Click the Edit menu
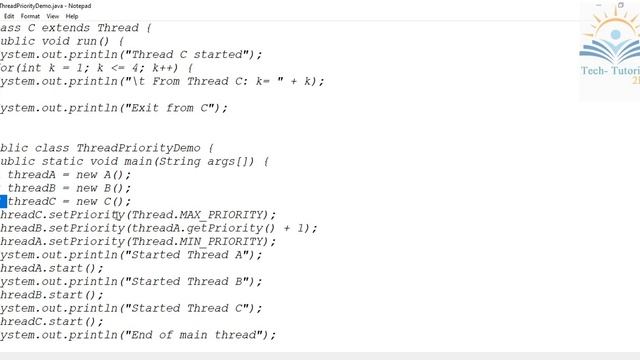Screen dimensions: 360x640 9,16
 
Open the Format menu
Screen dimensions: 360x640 30,16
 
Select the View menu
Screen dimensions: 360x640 52,16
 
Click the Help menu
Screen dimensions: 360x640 72,16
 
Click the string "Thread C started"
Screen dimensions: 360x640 190,54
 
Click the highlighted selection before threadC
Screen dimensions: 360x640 3,202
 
